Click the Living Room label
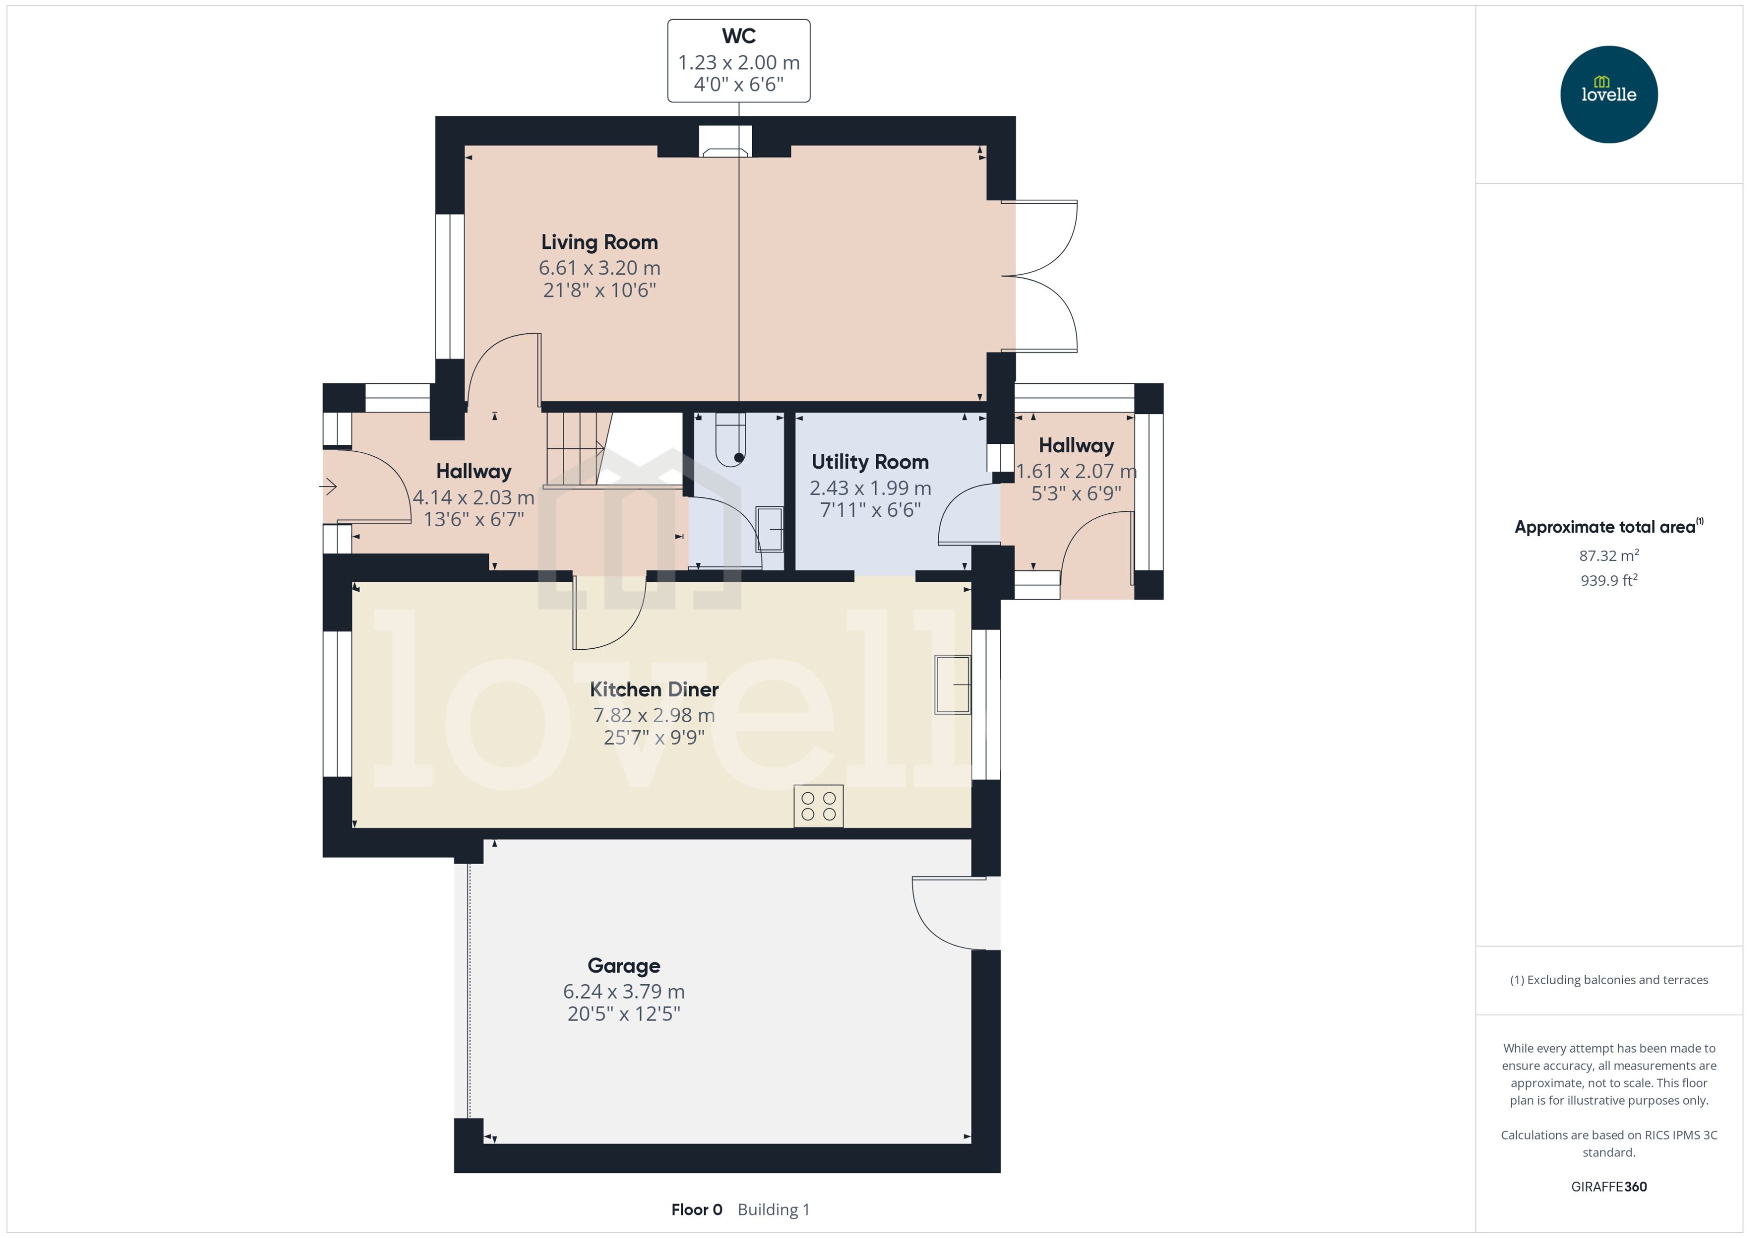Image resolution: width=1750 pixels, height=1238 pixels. tap(599, 242)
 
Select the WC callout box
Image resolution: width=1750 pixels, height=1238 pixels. tap(738, 61)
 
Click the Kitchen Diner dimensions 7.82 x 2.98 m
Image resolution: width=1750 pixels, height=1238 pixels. tap(653, 715)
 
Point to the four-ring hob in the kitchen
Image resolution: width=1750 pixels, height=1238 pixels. tap(818, 806)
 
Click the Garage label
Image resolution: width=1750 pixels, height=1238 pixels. tap(623, 966)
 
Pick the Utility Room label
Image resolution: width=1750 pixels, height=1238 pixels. tap(869, 462)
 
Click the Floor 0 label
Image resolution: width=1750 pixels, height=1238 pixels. tap(696, 1210)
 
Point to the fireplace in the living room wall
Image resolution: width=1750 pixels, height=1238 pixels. tap(725, 143)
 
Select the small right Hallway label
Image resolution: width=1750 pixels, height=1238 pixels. tap(1076, 446)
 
